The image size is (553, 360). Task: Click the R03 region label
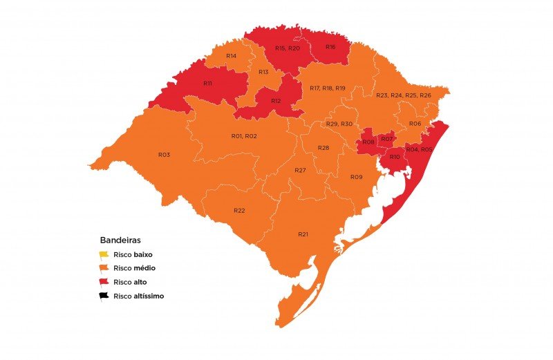coord(164,155)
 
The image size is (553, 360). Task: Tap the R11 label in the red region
coord(207,83)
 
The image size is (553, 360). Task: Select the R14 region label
coord(231,55)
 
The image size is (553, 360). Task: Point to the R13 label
coord(263,72)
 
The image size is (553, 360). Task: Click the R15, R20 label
coord(287,48)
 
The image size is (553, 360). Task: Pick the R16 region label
coord(330,47)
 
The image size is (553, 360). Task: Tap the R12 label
coord(276,101)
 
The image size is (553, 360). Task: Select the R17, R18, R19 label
coord(327,88)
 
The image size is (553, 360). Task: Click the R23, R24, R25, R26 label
coord(403,95)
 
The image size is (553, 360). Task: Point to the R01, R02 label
coord(244,136)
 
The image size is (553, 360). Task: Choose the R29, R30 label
coord(339,124)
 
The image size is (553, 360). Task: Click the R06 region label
coord(415,124)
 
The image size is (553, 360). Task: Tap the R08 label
coord(369,142)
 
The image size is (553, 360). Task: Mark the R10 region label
coord(394,158)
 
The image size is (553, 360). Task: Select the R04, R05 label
coord(419,149)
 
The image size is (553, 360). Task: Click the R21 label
coord(303,235)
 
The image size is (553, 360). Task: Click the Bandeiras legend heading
coord(120,240)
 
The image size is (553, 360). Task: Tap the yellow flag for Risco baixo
coord(104,255)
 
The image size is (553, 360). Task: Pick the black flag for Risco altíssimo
coord(104,296)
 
